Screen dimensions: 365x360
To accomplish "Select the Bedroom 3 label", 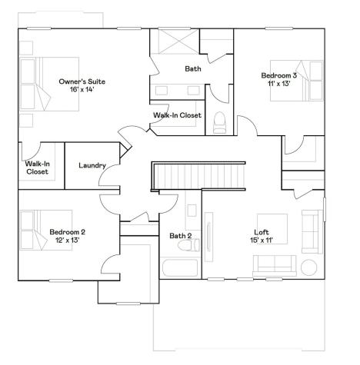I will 278,75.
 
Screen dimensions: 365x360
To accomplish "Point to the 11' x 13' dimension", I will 278,83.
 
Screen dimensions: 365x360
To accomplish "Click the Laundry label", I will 92,166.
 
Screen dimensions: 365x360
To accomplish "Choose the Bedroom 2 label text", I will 67,232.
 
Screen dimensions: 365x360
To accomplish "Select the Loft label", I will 262,232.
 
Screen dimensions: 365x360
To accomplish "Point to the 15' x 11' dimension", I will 262,240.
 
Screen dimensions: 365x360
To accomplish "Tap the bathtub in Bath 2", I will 180,269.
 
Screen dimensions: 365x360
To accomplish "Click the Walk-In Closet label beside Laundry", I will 37,168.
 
